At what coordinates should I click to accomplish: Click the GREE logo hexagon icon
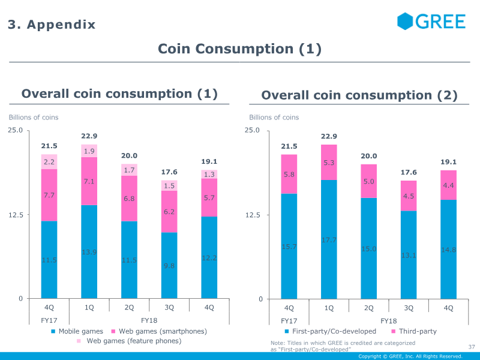(406, 21)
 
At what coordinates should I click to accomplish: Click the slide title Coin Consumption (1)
(239, 49)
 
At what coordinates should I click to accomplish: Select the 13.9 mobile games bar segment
(89, 252)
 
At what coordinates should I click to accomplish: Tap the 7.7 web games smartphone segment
(49, 195)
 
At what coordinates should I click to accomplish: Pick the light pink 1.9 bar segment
(89, 151)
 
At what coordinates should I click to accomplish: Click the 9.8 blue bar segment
(169, 265)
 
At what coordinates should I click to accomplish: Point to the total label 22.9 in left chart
(89, 136)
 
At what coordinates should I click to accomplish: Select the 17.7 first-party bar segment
(329, 239)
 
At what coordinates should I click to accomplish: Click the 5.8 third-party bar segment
(289, 174)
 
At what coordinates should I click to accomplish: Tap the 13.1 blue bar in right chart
(409, 255)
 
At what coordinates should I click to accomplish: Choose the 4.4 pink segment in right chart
(448, 185)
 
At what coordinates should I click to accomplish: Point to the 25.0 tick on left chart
(15, 130)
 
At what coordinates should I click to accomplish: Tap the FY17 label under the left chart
(49, 320)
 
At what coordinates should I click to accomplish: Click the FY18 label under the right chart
(389, 320)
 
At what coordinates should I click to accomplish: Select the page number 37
(471, 346)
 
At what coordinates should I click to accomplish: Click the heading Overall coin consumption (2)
(359, 95)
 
